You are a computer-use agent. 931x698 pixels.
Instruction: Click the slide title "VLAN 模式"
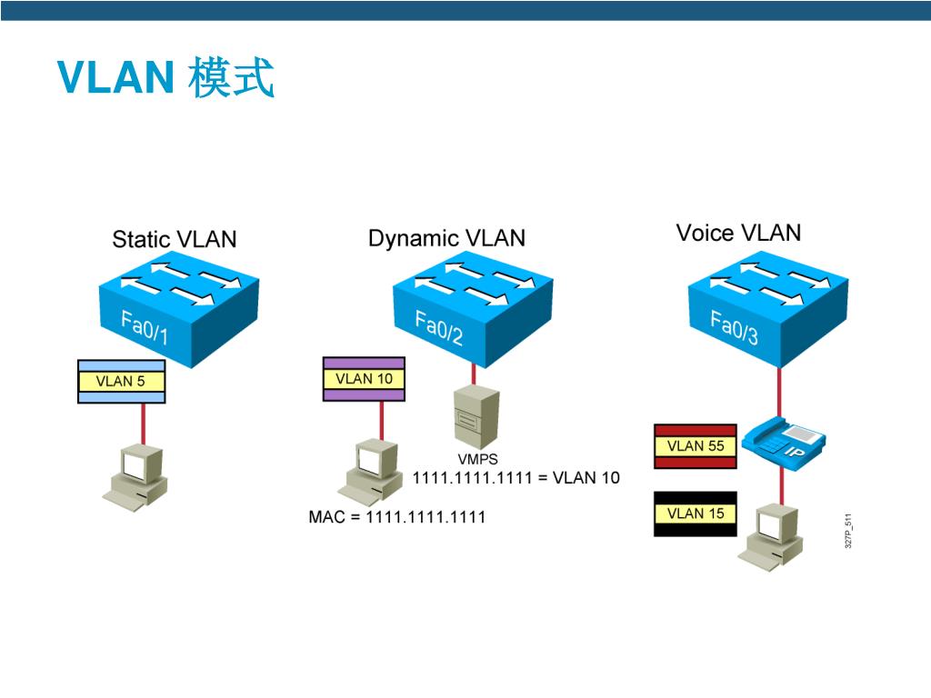pos(165,78)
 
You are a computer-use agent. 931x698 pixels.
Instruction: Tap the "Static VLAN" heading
pos(174,239)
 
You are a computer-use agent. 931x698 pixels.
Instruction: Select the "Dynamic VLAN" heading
pos(446,238)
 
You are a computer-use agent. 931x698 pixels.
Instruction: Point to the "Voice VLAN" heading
pos(738,233)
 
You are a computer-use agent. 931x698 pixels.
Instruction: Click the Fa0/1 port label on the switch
pos(145,327)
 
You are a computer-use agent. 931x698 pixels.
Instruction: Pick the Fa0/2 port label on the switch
pos(439,328)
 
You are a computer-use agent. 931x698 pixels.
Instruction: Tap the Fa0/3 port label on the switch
pos(734,327)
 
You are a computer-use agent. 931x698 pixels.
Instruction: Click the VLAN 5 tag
pos(121,382)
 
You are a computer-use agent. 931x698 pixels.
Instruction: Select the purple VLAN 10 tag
pos(364,379)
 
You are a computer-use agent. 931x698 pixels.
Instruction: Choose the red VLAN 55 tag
pos(696,445)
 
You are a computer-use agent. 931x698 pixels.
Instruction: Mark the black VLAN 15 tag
pos(696,514)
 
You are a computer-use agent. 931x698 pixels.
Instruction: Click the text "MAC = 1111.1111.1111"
pos(397,517)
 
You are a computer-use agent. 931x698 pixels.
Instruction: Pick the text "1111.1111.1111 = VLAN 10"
pos(516,477)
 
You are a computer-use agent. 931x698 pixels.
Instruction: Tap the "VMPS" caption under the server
pos(477,460)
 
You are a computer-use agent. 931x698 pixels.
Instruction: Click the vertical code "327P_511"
pos(848,531)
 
